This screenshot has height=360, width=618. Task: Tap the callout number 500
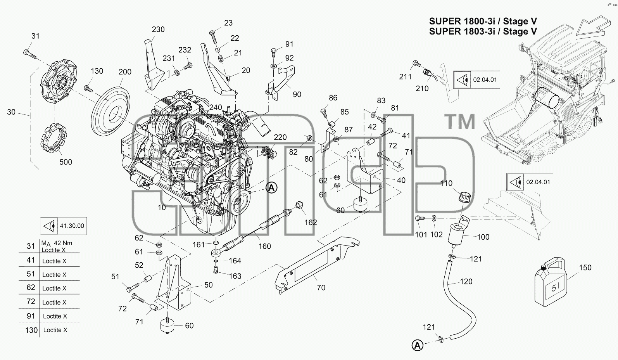66,162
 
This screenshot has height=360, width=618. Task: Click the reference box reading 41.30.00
64,226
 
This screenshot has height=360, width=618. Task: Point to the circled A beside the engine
271,188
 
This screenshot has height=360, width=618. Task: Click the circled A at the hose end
418,345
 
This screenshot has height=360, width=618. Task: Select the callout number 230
158,29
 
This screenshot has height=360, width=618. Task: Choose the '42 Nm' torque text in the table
63,243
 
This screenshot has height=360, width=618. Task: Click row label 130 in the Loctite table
31,330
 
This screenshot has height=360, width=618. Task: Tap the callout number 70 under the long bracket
321,288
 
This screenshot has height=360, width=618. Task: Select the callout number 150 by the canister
585,268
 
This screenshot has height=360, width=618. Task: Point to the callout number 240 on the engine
216,107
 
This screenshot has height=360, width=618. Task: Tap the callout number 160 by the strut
264,246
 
